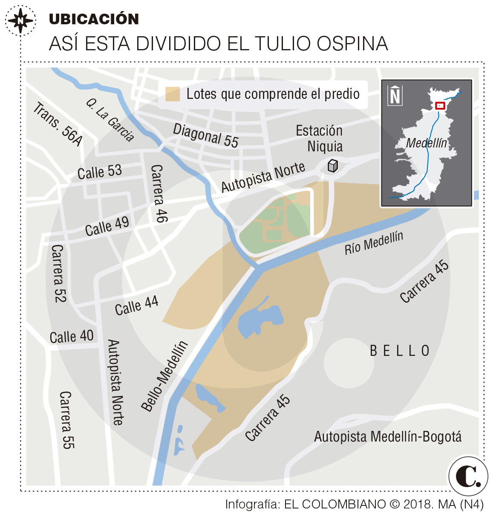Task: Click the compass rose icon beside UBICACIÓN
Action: pyautogui.click(x=20, y=20)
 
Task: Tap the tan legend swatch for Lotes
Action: pyautogui.click(x=173, y=94)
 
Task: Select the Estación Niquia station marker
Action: pyautogui.click(x=332, y=165)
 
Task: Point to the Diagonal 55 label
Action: pyautogui.click(x=205, y=135)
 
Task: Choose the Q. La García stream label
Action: pyautogui.click(x=110, y=120)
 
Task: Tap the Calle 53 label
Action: pyautogui.click(x=100, y=172)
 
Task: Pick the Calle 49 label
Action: pyautogui.click(x=107, y=226)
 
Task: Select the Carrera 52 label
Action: pyautogui.click(x=58, y=273)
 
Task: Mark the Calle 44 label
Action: pyautogui.click(x=136, y=306)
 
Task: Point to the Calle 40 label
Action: pyautogui.click(x=72, y=337)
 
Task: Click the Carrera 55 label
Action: pyautogui.click(x=66, y=420)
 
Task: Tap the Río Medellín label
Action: pyautogui.click(x=374, y=243)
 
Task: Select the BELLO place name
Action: pyautogui.click(x=400, y=351)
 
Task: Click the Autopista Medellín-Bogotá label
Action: pyautogui.click(x=388, y=436)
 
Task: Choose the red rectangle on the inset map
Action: pyautogui.click(x=440, y=105)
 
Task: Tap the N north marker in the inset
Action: pyautogui.click(x=395, y=95)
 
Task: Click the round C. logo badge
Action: pyautogui.click(x=468, y=476)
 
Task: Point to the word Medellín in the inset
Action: pyautogui.click(x=426, y=143)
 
